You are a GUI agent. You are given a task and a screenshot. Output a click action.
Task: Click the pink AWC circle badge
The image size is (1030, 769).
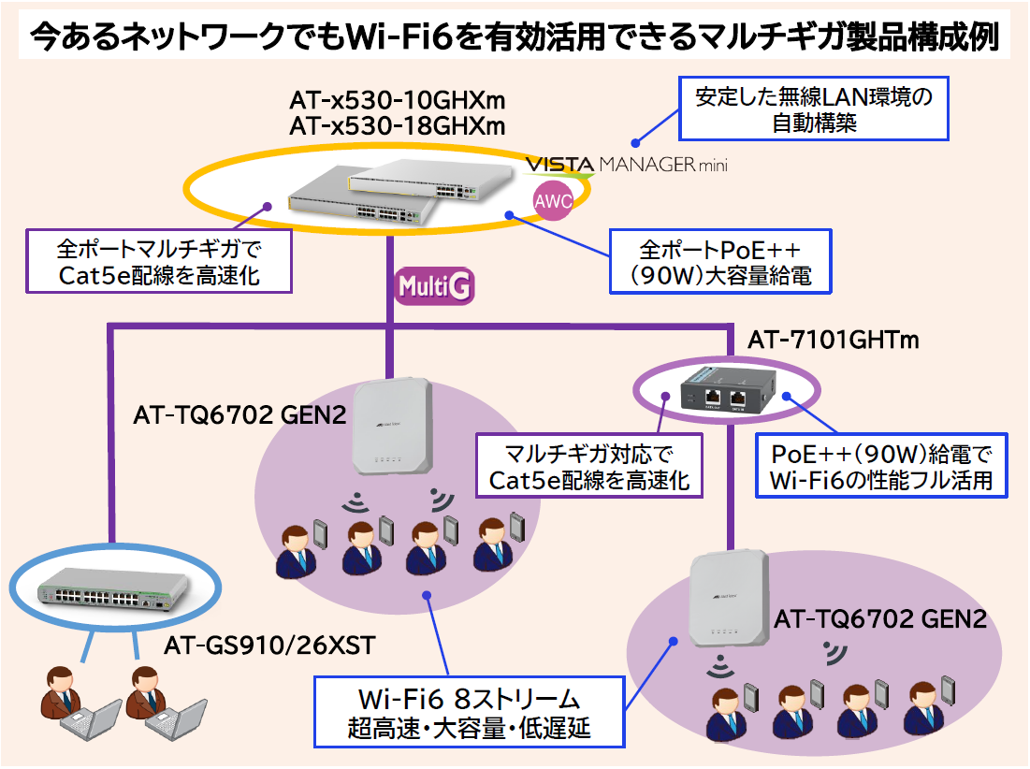552,200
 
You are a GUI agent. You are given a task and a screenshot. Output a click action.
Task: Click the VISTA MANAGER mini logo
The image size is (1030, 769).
625,166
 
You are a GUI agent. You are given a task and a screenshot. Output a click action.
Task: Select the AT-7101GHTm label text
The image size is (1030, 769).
833,341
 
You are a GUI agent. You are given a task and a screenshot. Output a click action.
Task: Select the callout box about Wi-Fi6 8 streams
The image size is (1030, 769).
469,713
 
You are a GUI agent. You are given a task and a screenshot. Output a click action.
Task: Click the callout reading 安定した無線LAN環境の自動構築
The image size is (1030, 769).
813,109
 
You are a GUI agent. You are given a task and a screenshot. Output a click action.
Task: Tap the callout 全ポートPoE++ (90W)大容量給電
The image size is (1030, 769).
720,263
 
